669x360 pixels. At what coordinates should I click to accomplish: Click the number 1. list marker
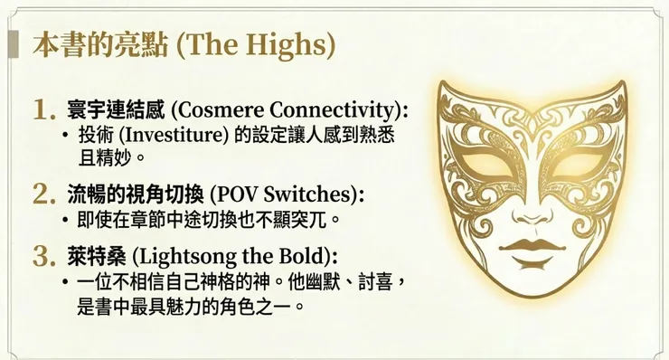pos(44,110)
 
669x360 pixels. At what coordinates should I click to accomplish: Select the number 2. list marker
pos(44,194)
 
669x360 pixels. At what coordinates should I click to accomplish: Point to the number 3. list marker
pos(44,255)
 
